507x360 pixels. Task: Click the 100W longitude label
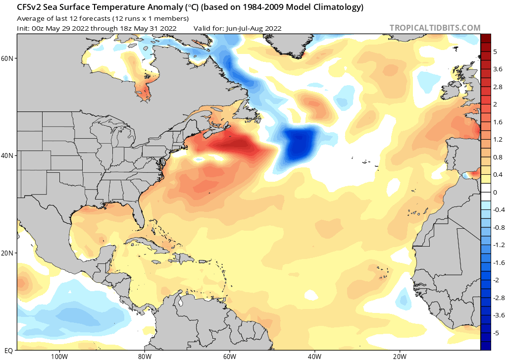click(59, 357)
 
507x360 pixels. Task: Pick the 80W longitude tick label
click(145, 357)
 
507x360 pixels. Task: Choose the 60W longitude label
click(230, 357)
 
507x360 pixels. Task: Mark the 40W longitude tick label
click(314, 357)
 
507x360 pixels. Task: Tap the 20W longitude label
click(400, 357)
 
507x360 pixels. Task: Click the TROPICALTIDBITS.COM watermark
click(435, 28)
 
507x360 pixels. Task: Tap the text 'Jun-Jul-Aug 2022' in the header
click(254, 28)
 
